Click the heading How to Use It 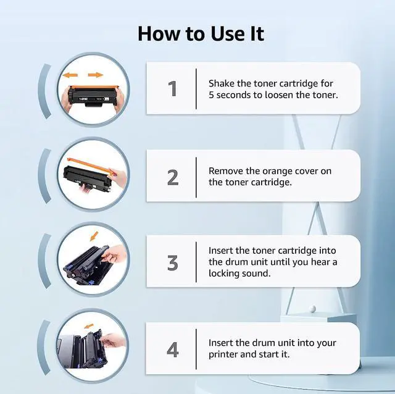[x=201, y=34]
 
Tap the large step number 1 [x=173, y=89]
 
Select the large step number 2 [x=173, y=178]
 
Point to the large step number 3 [x=173, y=263]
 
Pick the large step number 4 [x=173, y=350]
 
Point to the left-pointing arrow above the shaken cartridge [x=70, y=75]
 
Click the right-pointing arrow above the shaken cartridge [x=96, y=75]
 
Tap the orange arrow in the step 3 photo [x=94, y=236]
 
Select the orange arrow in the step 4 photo [x=88, y=326]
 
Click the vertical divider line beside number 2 [x=196, y=177]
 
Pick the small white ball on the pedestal [x=313, y=309]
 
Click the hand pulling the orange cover [x=118, y=177]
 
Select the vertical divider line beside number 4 [x=196, y=349]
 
